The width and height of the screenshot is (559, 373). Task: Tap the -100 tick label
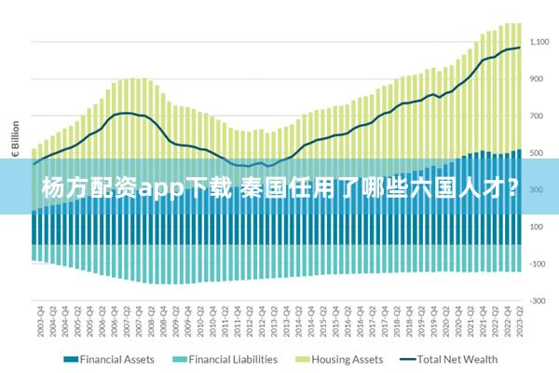pos(539,264)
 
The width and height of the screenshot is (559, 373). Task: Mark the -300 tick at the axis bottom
pos(539,300)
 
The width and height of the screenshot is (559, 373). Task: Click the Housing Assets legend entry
pos(347,359)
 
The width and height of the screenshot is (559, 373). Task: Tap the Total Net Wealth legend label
pos(457,359)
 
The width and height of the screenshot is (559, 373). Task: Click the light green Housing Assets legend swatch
pos(302,359)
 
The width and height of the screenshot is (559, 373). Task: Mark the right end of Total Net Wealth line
pos(519,48)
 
